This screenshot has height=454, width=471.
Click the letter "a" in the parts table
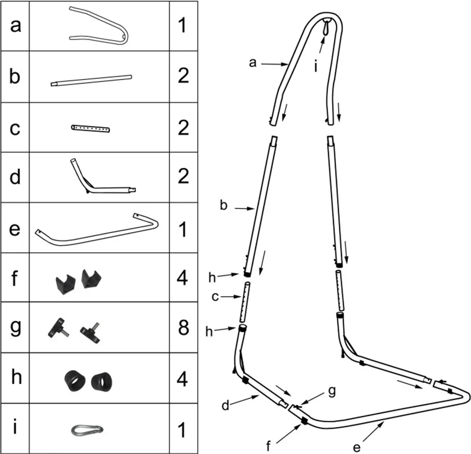pyautogui.click(x=15, y=26)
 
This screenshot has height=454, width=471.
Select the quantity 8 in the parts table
pyautogui.click(x=183, y=328)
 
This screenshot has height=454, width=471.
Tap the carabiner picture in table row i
pyautogui.click(x=87, y=430)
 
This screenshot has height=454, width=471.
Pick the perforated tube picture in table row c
pyautogui.click(x=91, y=128)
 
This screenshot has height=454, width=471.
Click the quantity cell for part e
pyautogui.click(x=183, y=229)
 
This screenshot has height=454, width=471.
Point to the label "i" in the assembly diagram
pyautogui.click(x=316, y=67)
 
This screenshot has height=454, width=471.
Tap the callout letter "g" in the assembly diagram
pyautogui.click(x=332, y=391)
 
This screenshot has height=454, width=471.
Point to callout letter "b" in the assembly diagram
pyautogui.click(x=224, y=206)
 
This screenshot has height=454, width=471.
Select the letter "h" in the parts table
pyautogui.click(x=15, y=378)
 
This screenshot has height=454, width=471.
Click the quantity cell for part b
pyautogui.click(x=183, y=76)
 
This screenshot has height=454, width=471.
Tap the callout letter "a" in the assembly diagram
pyautogui.click(x=252, y=63)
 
